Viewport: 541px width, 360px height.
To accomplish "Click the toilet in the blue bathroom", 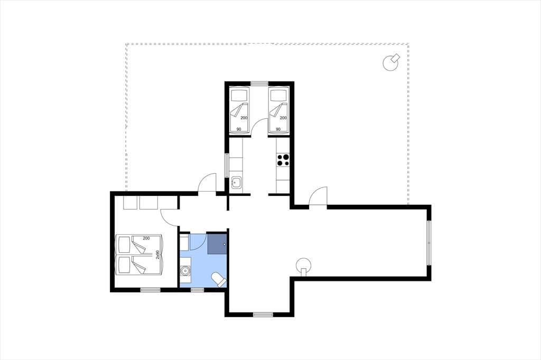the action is (219, 279).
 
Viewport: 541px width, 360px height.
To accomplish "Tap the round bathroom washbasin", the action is (185, 271).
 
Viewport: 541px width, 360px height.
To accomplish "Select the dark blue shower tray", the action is (217, 244).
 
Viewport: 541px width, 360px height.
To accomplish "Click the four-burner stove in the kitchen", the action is (283, 159).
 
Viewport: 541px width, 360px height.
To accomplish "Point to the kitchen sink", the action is (237, 183).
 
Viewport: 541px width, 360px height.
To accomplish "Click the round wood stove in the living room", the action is (304, 266).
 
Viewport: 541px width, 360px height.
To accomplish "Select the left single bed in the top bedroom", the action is (239, 110).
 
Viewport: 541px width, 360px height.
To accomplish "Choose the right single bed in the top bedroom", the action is (278, 110).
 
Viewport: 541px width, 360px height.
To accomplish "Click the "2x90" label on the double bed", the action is (157, 255).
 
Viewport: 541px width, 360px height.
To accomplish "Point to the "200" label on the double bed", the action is (146, 238).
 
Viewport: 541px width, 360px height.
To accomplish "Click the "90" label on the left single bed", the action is (239, 129).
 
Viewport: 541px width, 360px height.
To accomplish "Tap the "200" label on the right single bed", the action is (283, 118).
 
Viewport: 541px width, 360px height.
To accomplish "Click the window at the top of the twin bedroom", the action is (259, 83).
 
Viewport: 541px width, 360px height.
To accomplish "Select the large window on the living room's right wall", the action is (429, 243).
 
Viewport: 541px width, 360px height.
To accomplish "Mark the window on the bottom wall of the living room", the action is (263, 315).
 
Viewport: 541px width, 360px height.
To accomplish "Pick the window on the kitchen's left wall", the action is (227, 166).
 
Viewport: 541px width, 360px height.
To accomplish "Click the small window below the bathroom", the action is (197, 290).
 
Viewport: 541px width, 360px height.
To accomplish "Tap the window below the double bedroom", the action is (151, 290).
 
